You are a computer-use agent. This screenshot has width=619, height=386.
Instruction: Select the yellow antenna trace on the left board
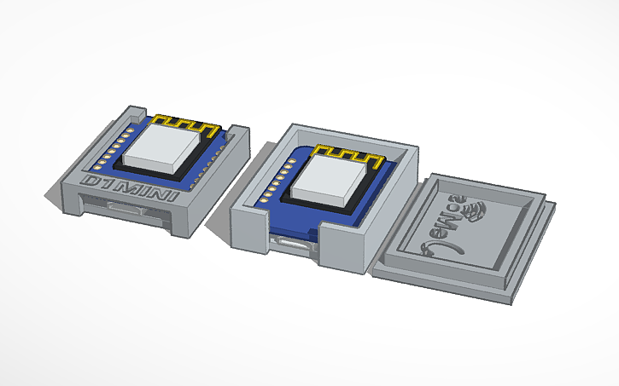pyautogui.click(x=186, y=124)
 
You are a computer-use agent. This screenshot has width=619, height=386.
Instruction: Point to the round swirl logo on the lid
pyautogui.click(x=473, y=209)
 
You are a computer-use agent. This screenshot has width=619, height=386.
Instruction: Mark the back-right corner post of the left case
pyautogui.click(x=238, y=135)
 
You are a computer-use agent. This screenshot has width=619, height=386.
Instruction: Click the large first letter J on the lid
pyautogui.click(x=427, y=247)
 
